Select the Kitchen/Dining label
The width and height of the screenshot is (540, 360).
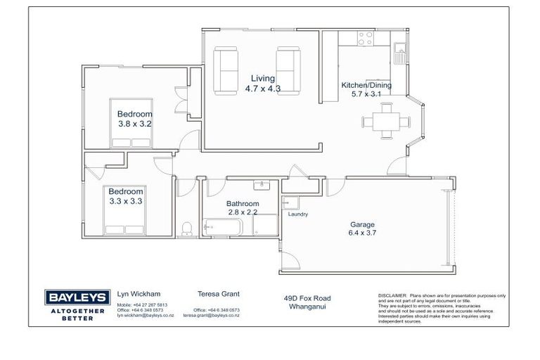[366, 85]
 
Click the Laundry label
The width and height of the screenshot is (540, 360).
[298, 215]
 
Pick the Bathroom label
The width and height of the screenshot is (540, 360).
[243, 204]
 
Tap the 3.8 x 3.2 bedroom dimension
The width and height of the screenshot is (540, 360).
[135, 124]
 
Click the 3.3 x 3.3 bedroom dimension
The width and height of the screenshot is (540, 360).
[125, 201]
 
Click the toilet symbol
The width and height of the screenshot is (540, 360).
[186, 227]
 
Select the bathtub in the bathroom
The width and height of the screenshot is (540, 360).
[222, 228]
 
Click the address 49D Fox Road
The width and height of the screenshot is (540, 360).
[304, 298]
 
